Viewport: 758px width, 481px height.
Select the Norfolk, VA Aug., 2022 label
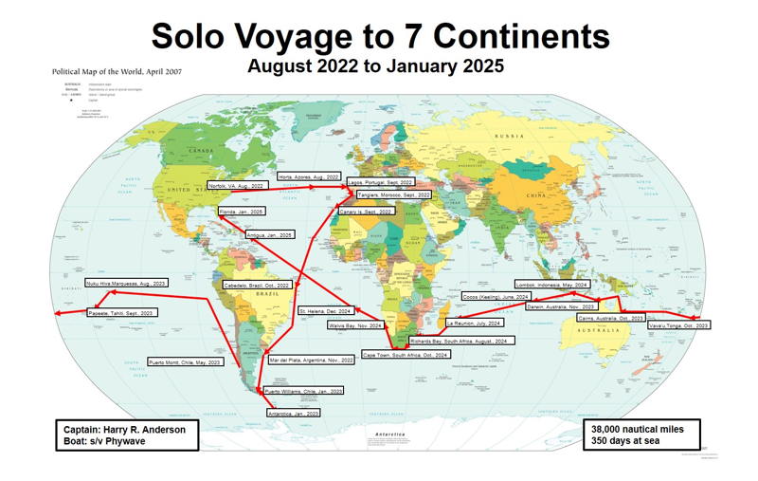tap(236, 186)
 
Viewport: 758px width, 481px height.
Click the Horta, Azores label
tap(307, 176)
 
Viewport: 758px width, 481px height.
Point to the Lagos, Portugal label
tap(380, 180)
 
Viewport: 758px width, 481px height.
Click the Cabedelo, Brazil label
tap(255, 286)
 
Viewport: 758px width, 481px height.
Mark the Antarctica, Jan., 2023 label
tap(294, 413)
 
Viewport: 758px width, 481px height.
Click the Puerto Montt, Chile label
tap(186, 361)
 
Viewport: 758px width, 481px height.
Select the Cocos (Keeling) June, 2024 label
tap(494, 297)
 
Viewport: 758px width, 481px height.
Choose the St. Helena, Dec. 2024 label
tap(327, 311)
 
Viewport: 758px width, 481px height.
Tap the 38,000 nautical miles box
tap(641, 435)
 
